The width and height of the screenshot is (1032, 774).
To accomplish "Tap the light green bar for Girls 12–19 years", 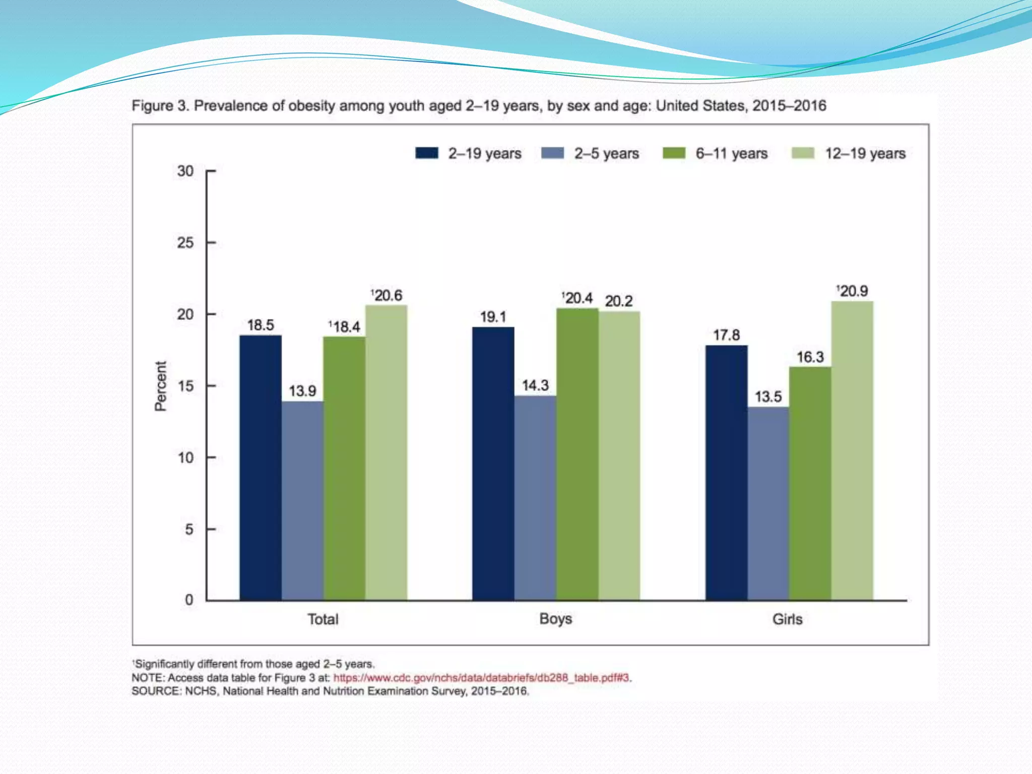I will [852, 450].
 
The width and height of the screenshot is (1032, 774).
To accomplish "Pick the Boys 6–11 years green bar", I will [577, 454].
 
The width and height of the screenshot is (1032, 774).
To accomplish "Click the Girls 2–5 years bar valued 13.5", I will [768, 503].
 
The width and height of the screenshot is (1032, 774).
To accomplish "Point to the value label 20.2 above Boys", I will [618, 301].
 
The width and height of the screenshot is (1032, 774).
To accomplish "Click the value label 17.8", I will [726, 335].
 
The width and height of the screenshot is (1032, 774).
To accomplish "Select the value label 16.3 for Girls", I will [810, 357].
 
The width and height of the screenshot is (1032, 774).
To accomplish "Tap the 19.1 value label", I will [493, 317].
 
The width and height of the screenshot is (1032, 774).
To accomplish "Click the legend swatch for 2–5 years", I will [552, 153].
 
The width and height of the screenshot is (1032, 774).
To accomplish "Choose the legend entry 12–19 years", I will [865, 153].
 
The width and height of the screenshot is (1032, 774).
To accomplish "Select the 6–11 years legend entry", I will [731, 153].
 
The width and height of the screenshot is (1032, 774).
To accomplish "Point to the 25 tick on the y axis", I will [185, 243].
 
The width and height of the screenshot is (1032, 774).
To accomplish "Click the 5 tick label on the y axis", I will [189, 530].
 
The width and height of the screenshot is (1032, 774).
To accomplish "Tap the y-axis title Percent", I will [160, 386].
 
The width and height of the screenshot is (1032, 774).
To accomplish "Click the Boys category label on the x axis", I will [555, 619].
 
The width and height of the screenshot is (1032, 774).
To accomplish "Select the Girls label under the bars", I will [787, 619].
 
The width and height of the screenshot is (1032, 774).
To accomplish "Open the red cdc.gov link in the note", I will [481, 678].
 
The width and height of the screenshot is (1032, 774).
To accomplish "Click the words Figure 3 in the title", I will [160, 106].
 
